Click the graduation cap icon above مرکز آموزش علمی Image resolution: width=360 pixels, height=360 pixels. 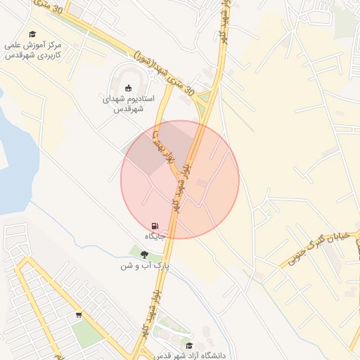[x=32, y=34]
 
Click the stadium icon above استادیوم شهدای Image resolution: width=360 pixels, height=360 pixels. [x=128, y=88]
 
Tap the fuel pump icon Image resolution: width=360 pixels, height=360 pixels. [x=154, y=225]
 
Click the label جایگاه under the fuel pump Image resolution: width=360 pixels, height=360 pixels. [x=155, y=236]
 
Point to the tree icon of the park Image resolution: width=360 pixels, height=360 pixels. [x=145, y=255]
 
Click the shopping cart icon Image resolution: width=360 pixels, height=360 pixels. [x=79, y=315]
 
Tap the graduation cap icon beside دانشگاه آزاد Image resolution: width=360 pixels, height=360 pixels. [x=189, y=345]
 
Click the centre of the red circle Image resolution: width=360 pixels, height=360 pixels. [x=180, y=180]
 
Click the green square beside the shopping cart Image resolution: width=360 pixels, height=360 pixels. [x=87, y=334]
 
